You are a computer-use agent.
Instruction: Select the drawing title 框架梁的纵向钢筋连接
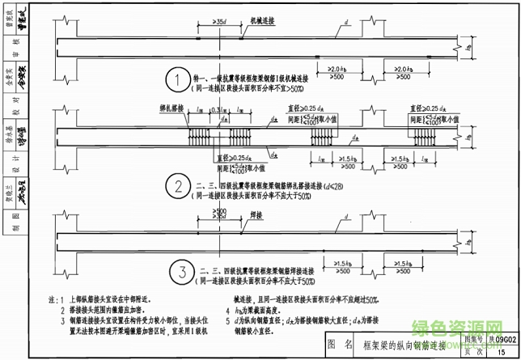pyautogui.click(x=406, y=345)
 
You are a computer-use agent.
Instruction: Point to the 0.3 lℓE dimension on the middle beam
pyautogui.click(x=215, y=111)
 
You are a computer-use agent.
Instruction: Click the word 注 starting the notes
pyautogui.click(x=53, y=299)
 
